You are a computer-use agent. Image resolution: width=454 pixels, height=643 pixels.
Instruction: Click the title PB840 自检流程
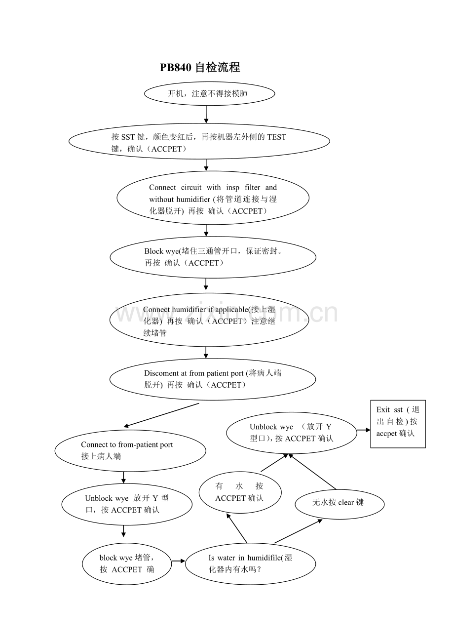[199, 67]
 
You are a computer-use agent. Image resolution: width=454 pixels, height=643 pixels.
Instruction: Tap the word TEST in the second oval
[276, 137]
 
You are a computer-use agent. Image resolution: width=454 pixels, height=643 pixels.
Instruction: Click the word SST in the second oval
[128, 137]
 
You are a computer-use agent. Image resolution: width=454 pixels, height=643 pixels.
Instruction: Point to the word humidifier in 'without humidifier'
[193, 199]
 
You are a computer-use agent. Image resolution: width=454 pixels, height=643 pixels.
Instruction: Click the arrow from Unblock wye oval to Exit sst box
[363, 430]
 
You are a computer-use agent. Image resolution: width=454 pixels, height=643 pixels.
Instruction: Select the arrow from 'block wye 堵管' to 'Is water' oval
[178, 561]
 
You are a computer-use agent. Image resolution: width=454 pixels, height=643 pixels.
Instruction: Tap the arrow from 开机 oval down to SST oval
[206, 114]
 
